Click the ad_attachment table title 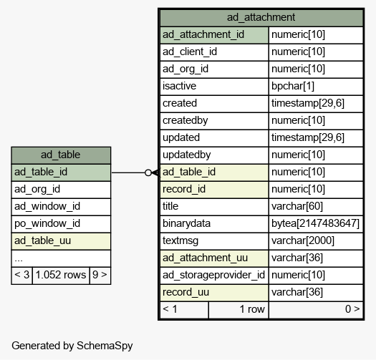click(x=261, y=17)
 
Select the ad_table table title click(x=60, y=155)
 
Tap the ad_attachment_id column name click(x=203, y=34)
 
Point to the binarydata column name click(x=186, y=223)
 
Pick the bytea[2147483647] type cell click(x=315, y=223)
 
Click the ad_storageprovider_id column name click(x=213, y=275)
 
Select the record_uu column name click(x=185, y=292)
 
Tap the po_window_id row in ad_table click(x=61, y=223)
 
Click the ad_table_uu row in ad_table click(x=61, y=241)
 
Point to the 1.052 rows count click(x=61, y=275)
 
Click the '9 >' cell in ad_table click(x=100, y=275)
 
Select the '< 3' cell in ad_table click(x=21, y=275)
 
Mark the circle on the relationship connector click(x=148, y=172)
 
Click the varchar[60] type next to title click(x=297, y=206)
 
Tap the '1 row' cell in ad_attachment click(x=238, y=309)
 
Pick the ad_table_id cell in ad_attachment click(x=214, y=172)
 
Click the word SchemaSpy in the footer click(x=105, y=346)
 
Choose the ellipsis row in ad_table click(x=61, y=258)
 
